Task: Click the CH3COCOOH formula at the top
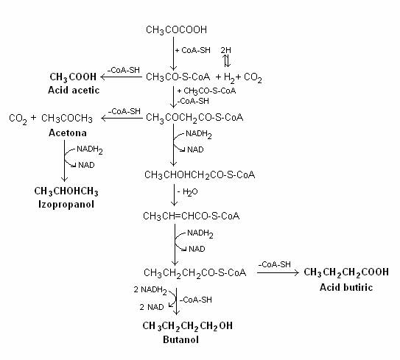pos(176,30)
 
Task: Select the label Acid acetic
pos(74,91)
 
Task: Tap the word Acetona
pos(68,133)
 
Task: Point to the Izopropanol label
pos(66,204)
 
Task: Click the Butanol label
pos(181,339)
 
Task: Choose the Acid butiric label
pos(346,287)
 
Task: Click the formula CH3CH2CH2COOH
pos(346,272)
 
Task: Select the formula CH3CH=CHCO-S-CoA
pos(192,216)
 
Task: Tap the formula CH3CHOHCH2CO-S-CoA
pos(200,175)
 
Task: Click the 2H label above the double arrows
pos(226,50)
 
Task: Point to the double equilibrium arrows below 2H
pos(227,61)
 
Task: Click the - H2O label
pos(188,192)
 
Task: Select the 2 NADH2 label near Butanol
pos(150,290)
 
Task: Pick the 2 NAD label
pos(152,307)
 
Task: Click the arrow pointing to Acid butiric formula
pos(278,272)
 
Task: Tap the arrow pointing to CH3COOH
pos(122,77)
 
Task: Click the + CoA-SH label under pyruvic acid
pos(193,50)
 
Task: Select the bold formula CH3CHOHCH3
pos(66,191)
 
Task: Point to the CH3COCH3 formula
pos(67,119)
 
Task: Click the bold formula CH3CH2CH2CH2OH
pos(188,326)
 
